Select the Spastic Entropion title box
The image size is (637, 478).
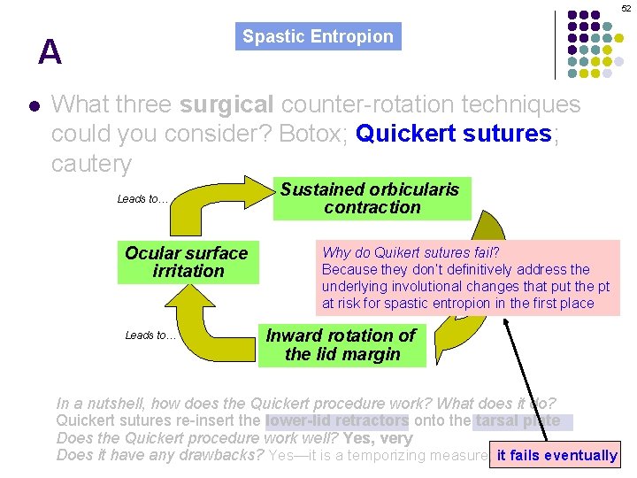(x=318, y=36)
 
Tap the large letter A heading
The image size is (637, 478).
(x=50, y=54)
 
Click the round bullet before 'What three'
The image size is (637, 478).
(x=34, y=105)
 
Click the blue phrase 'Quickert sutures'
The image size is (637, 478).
(x=453, y=134)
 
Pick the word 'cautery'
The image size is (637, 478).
(x=91, y=164)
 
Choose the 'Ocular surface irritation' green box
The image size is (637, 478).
(x=188, y=262)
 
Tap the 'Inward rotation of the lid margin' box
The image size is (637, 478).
(x=341, y=345)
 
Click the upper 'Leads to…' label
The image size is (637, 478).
(x=142, y=199)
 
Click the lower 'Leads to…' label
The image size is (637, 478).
(x=150, y=335)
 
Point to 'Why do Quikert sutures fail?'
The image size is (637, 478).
(x=411, y=253)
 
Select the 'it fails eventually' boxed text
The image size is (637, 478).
(x=556, y=456)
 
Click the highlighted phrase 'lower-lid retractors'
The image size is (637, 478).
(x=337, y=421)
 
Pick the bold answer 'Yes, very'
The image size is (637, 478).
(x=382, y=438)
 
